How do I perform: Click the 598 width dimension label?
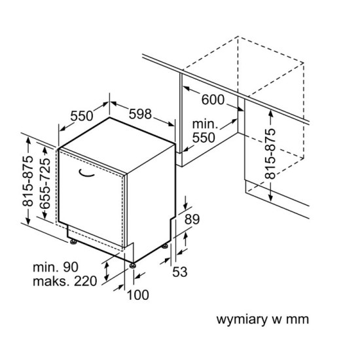coord(140,114)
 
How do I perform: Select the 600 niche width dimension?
coord(213,100)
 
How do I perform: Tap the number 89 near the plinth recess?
coord(192,219)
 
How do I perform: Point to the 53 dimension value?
coord(180,272)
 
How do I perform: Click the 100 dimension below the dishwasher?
coord(138,295)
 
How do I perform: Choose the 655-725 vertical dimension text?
coord(45,183)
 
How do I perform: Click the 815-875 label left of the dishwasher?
coord(27,181)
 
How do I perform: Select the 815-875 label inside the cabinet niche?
coord(270,154)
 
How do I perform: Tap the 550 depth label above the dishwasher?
coord(82,116)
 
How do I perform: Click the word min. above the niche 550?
coord(205,124)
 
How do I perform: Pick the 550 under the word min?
coord(204,137)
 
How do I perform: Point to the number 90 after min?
coord(71,267)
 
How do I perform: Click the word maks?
coord(51,281)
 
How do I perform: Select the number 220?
coord(85,281)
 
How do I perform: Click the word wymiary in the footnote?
coord(242,320)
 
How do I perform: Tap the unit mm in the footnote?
coord(297,319)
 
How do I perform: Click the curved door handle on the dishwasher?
coord(86,174)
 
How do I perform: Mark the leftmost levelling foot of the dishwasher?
coord(73,242)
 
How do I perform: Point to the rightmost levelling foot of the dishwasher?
coord(164,246)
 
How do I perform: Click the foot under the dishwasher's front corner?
coord(132,266)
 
